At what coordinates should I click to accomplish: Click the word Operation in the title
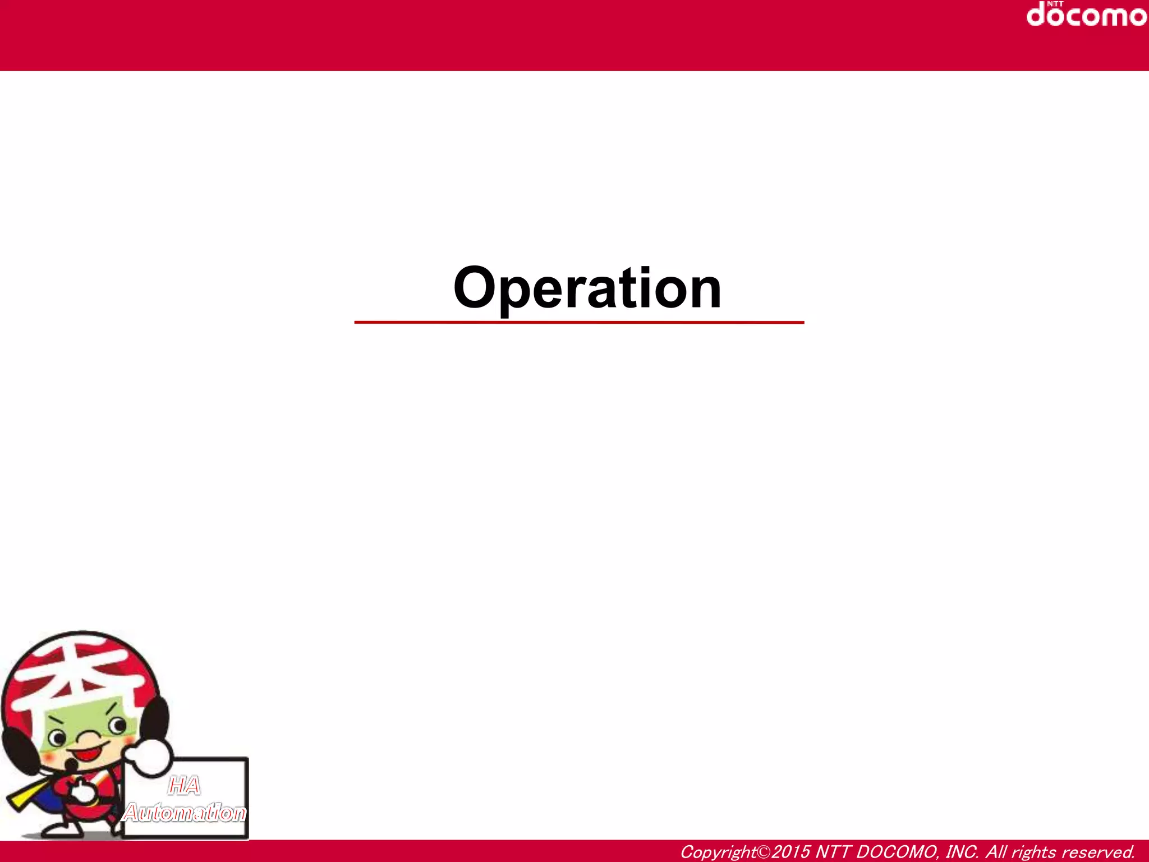[587, 288]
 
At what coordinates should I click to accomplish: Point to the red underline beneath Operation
[579, 323]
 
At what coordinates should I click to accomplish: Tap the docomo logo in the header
[1086, 16]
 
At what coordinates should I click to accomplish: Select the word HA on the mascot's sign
[184, 786]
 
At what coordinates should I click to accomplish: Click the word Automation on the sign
[185, 812]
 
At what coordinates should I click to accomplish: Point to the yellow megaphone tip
[17, 799]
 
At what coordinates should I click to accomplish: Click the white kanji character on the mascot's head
[84, 673]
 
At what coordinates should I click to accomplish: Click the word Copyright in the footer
[718, 852]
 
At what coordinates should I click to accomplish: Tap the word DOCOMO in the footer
[897, 852]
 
